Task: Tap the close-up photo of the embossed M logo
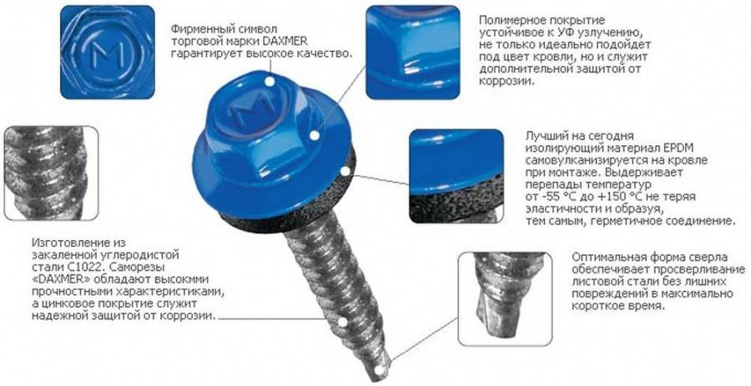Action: point(108,52)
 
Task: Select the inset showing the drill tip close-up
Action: point(505,299)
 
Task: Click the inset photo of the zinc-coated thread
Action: point(51,173)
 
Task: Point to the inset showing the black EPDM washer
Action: point(456,176)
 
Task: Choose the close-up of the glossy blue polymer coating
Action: point(413,53)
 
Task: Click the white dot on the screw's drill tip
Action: point(379,369)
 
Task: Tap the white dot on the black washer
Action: point(345,171)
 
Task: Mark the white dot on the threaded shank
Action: point(342,322)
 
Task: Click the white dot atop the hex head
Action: point(270,82)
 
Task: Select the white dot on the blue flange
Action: point(315,135)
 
